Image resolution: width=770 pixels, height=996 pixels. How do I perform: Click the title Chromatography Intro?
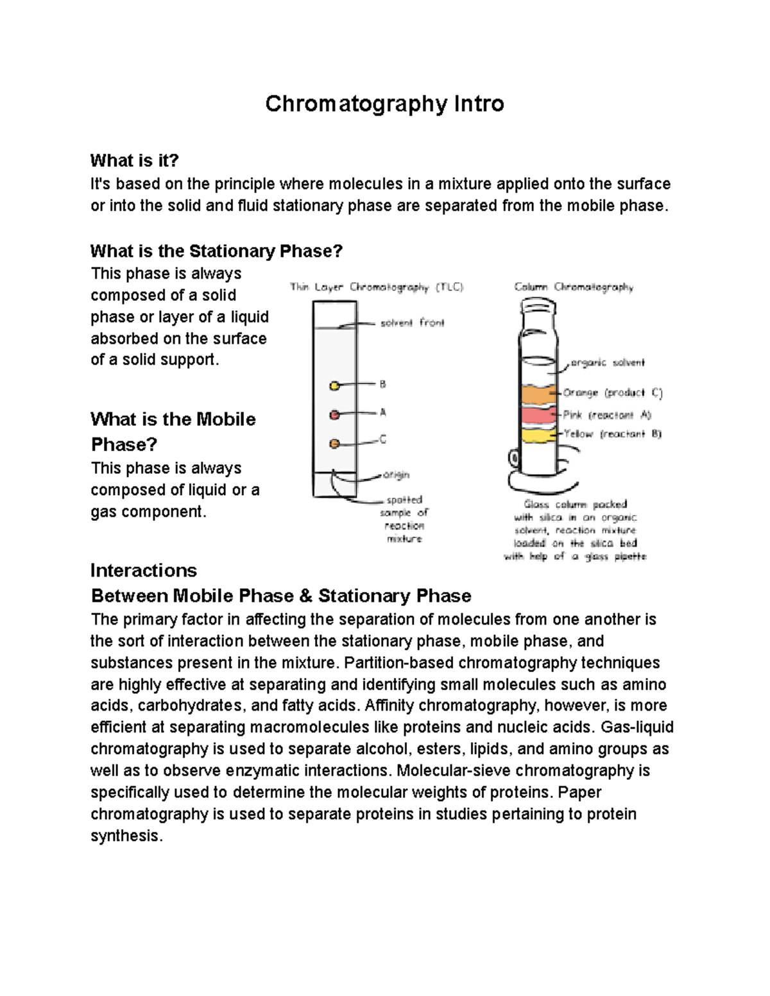coord(384,104)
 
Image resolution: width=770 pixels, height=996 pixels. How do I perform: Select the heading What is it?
coord(134,160)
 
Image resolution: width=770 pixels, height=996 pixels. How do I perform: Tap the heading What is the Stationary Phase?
coord(217,251)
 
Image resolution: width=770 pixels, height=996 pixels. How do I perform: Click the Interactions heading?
coord(144,570)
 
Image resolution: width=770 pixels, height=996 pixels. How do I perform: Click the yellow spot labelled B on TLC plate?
coord(334,386)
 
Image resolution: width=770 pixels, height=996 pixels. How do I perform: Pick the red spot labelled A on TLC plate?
coord(334,415)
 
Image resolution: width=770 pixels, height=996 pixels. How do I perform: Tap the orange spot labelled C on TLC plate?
coord(334,443)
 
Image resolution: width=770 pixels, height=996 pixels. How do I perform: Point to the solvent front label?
coord(412,323)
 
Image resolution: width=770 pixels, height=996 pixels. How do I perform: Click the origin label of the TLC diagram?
coord(396,475)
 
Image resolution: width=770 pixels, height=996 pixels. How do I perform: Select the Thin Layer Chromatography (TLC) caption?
coord(377,287)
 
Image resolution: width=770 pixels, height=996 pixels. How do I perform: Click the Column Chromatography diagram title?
coord(574,287)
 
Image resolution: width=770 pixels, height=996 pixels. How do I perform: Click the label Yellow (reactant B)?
coord(612,434)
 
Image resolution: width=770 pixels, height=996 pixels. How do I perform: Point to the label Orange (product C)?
coord(612,392)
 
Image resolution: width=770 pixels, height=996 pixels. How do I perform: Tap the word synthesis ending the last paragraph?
coord(126,836)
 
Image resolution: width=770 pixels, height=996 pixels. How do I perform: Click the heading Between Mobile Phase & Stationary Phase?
coord(281,596)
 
